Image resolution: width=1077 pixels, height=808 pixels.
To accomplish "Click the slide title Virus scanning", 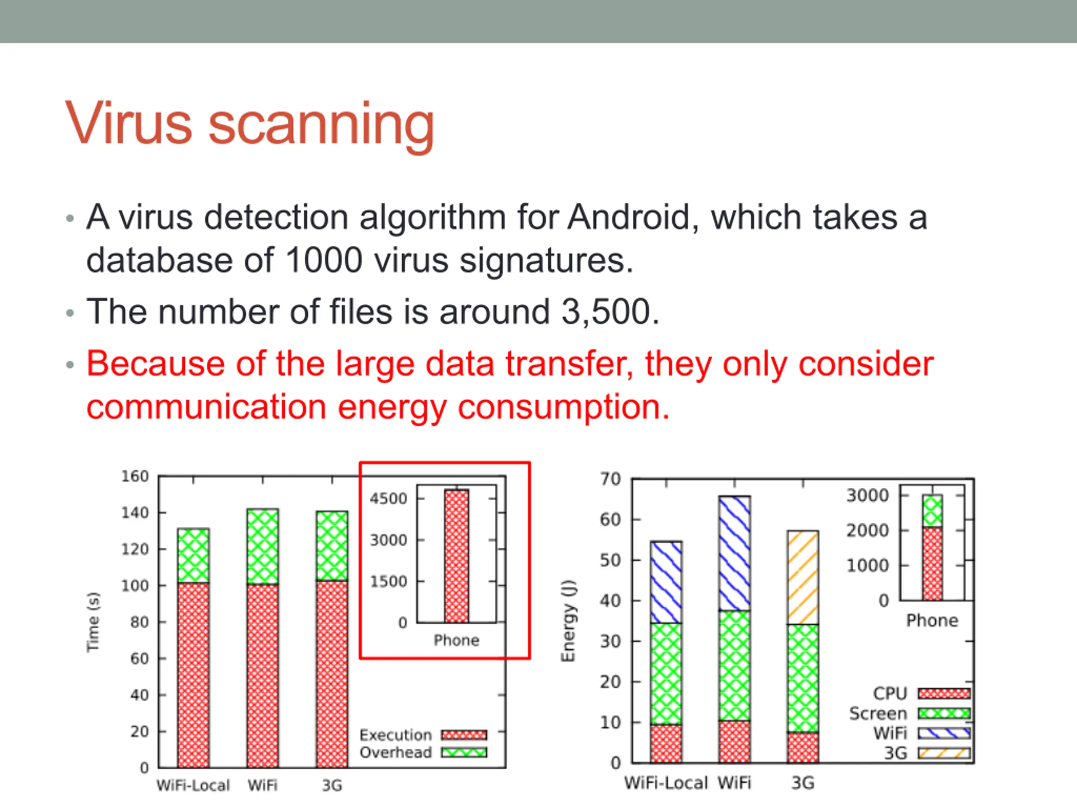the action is coord(249,125).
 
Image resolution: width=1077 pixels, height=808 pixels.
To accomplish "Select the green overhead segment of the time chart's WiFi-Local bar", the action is coord(193,555).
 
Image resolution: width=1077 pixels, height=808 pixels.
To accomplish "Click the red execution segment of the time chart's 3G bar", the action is coord(332,674).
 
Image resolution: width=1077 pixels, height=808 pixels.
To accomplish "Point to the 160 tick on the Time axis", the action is coord(135,476).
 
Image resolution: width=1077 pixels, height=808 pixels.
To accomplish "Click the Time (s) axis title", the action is coord(93,622).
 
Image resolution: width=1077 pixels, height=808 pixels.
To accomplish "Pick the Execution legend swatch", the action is coord(464,734).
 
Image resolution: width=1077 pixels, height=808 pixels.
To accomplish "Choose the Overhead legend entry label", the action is coord(395,752).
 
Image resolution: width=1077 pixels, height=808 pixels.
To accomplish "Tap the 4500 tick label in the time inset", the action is coord(388,499).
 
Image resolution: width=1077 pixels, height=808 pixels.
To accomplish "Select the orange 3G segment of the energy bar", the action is coord(803,578).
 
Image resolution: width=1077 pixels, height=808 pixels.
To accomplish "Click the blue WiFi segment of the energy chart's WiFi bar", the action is coord(734,553).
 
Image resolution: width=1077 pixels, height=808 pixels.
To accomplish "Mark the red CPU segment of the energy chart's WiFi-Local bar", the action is coord(666,743).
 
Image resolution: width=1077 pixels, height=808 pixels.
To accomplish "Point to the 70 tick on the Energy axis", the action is coord(610,479).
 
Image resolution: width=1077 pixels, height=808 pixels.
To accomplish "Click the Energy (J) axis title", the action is coord(568,621).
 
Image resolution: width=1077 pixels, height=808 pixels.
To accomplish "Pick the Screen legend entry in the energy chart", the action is coord(878,713).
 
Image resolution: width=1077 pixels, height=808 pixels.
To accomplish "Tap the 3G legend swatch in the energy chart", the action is coord(944,753).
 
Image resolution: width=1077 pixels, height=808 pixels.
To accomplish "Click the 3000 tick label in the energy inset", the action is coord(867,495).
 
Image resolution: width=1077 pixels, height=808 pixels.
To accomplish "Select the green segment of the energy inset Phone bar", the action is coord(932,511).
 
